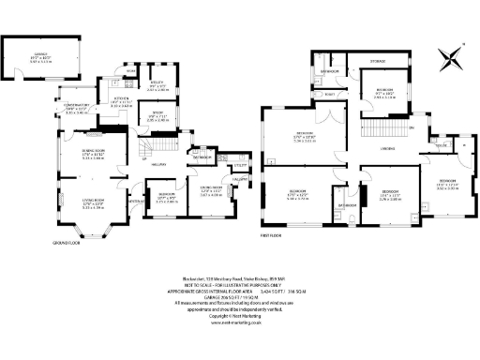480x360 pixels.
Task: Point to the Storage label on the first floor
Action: point(377,61)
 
